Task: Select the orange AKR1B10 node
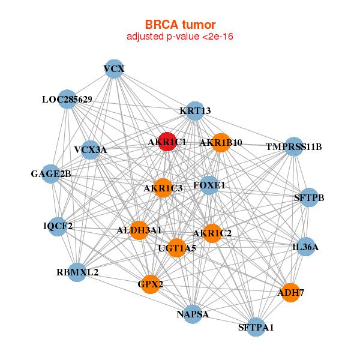(x=221, y=143)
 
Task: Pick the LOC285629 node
(x=67, y=100)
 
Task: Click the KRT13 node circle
(x=195, y=111)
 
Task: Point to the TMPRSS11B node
(x=293, y=146)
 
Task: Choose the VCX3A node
(x=91, y=149)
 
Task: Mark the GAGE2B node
(x=52, y=175)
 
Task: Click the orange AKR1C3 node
(x=163, y=188)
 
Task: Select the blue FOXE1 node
(x=202, y=186)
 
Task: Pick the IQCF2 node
(x=58, y=226)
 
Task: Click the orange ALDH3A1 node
(x=139, y=230)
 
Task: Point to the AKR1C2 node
(x=212, y=233)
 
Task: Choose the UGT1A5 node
(x=176, y=247)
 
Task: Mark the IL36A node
(x=306, y=247)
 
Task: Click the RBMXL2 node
(x=77, y=272)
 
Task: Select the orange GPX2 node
(x=151, y=284)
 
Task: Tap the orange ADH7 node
(x=290, y=293)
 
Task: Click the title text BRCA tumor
(x=180, y=25)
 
